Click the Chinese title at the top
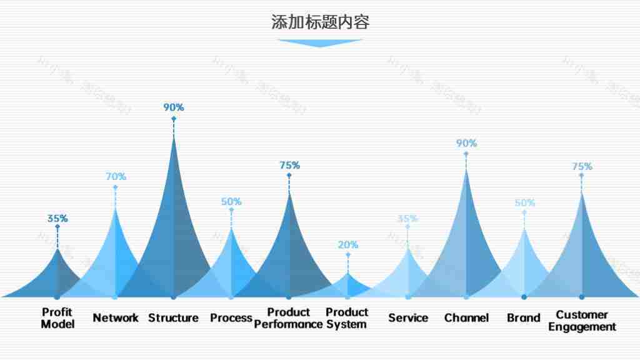(x=320, y=22)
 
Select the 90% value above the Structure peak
(x=174, y=107)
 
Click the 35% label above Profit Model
(x=57, y=219)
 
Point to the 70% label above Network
(x=116, y=177)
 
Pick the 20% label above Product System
(x=348, y=245)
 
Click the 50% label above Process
(x=231, y=202)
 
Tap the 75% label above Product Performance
(x=289, y=166)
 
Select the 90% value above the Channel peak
(x=466, y=143)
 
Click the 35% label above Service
(x=407, y=219)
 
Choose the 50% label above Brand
(x=524, y=203)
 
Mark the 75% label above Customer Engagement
(x=582, y=167)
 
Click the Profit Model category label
(x=57, y=318)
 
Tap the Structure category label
(x=173, y=318)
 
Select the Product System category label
(x=347, y=318)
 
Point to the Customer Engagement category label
(x=582, y=321)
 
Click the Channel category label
(x=466, y=318)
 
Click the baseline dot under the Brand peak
(x=524, y=297)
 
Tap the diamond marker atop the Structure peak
(x=174, y=119)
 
